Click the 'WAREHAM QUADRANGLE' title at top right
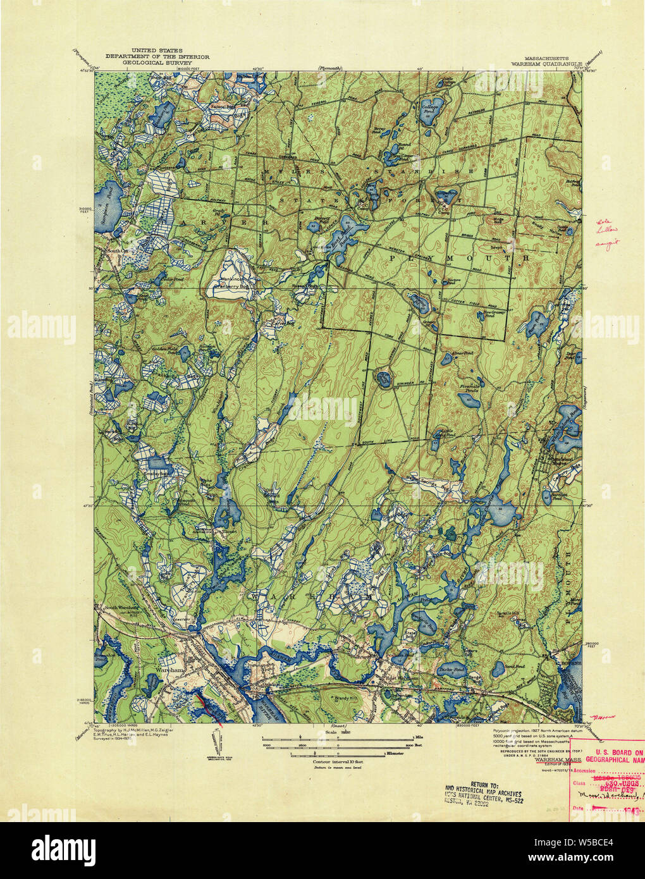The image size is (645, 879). click(544, 64)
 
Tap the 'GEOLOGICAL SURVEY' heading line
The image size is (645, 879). click(157, 64)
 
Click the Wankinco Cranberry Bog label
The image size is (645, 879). click(235, 281)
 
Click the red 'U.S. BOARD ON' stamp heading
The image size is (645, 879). click(612, 751)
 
